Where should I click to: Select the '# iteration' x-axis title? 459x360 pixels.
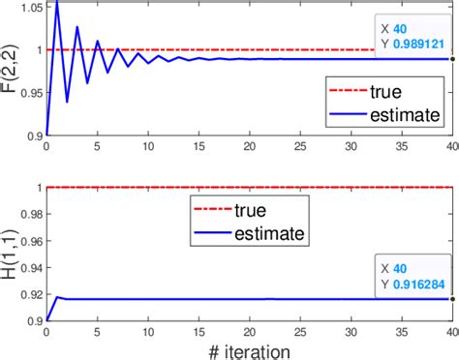pyautogui.click(x=246, y=345)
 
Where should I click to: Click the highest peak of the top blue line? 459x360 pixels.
pyautogui.click(x=56, y=2)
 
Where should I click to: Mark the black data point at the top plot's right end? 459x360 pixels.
pyautogui.click(x=452, y=59)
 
